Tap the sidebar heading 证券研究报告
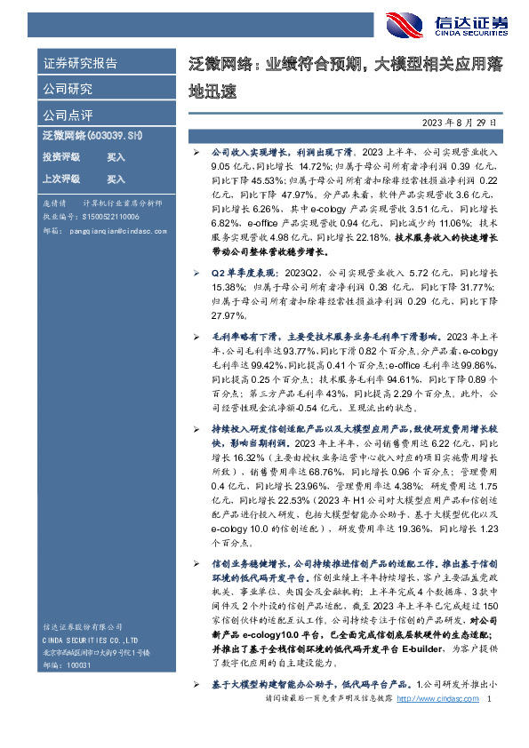click(80, 64)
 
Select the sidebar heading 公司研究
click(68, 89)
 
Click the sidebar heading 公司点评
click(68, 115)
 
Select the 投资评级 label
click(61, 156)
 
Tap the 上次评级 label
click(61, 179)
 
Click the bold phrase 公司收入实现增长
click(240, 153)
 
